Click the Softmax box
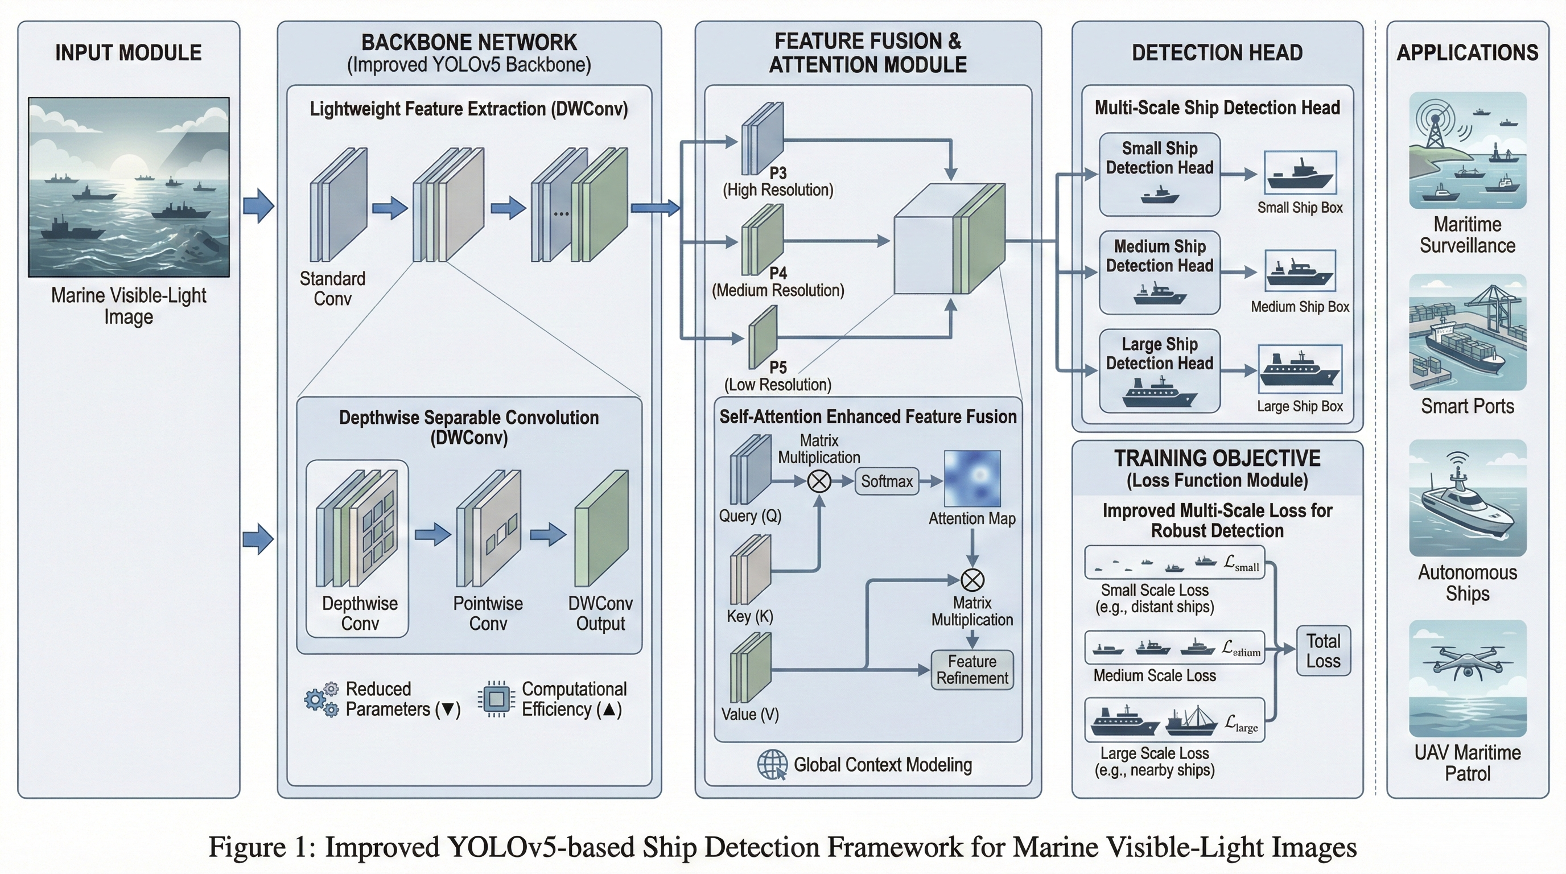[887, 481]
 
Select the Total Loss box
[1324, 651]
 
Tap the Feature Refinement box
[972, 670]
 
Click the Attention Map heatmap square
[972, 479]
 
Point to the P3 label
[778, 173]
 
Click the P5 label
[778, 367]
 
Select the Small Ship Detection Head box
[1159, 174]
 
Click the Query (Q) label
[749, 516]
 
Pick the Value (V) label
[749, 714]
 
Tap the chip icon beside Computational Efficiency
[497, 699]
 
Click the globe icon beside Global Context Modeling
[772, 765]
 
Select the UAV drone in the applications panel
[1467, 663]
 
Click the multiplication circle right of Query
[819, 481]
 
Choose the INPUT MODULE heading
[128, 53]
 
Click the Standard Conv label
[332, 288]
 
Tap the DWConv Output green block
[601, 528]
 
